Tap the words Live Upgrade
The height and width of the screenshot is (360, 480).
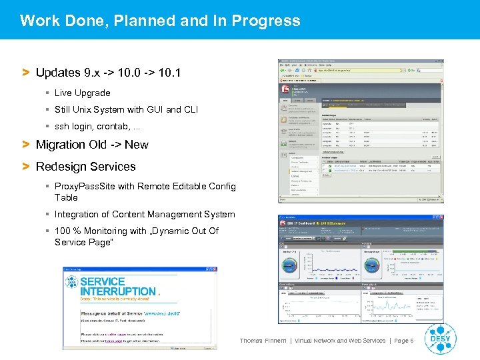point(82,93)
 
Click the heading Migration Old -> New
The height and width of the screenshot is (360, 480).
point(91,145)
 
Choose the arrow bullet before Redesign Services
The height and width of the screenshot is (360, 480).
point(26,167)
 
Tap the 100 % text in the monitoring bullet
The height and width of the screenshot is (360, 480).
point(68,231)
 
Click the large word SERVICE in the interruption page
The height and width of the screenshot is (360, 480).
point(103,281)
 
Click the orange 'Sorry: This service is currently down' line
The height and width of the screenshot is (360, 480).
point(115,301)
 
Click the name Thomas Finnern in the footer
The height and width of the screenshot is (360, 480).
point(263,341)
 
